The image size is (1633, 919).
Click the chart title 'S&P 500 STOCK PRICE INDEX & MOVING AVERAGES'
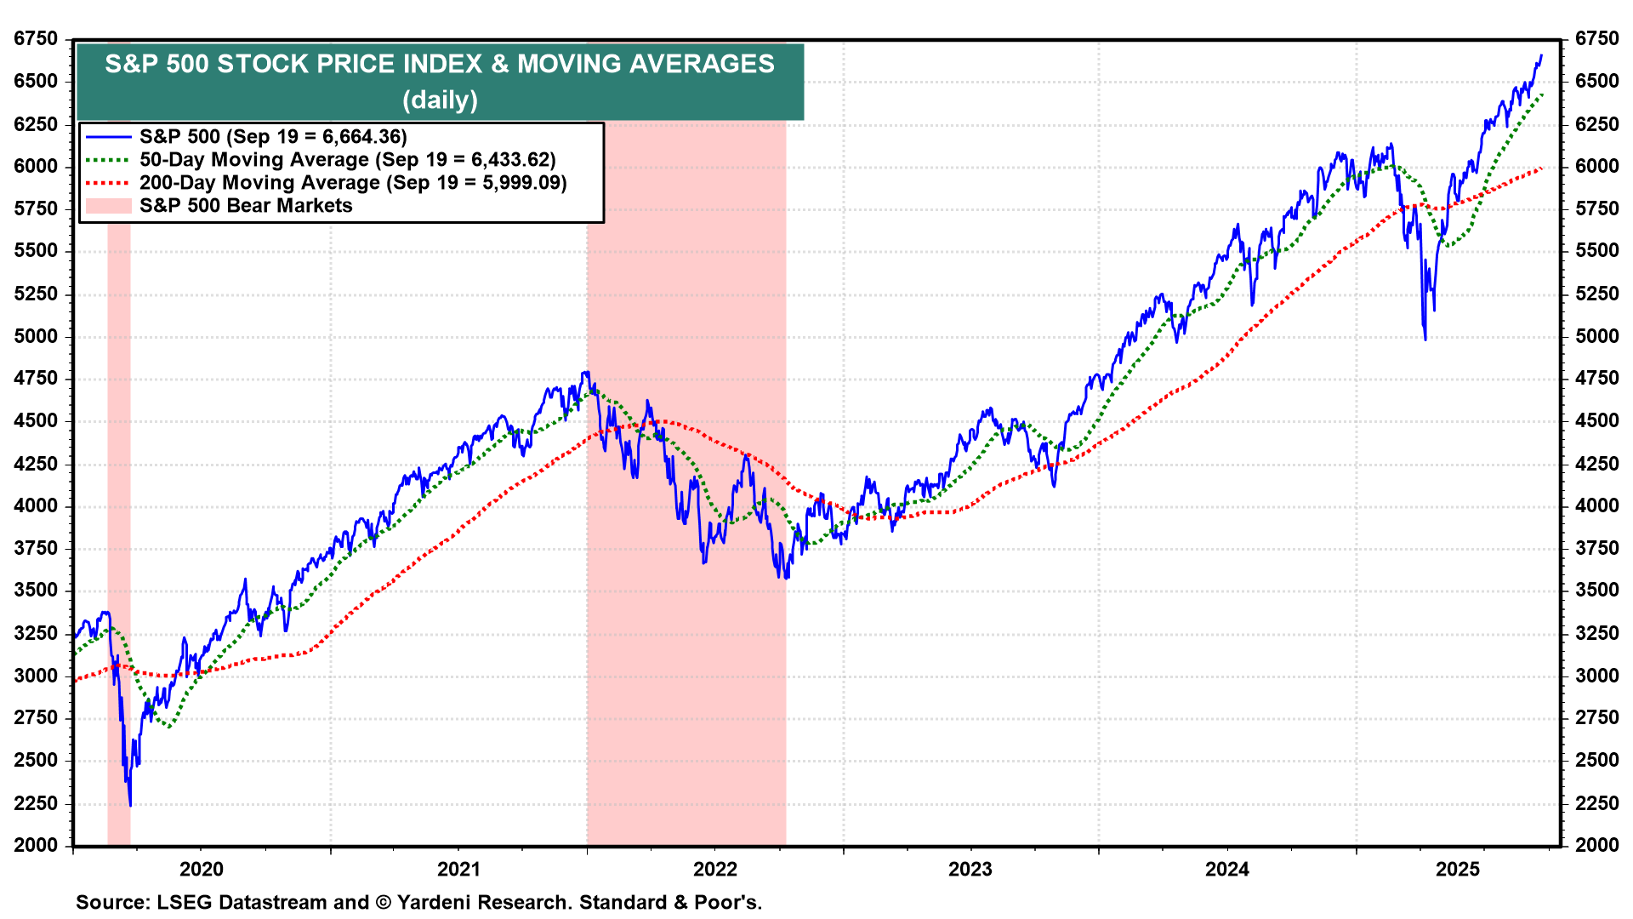click(x=440, y=64)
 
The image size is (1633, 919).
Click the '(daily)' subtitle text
click(x=440, y=100)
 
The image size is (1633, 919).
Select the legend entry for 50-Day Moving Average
click(x=347, y=160)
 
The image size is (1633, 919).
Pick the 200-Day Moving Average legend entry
click(x=352, y=183)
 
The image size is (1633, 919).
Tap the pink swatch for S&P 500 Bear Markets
click(x=108, y=206)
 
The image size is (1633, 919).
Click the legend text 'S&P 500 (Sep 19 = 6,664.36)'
click(x=273, y=137)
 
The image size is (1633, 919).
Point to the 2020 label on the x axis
click(x=202, y=869)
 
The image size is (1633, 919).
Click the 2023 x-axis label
click(x=970, y=869)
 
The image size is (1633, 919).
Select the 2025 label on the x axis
click(x=1458, y=869)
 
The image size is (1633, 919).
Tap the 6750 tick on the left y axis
click(x=36, y=39)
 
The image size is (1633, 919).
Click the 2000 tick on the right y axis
click(x=1596, y=845)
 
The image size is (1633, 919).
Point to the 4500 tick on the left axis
click(x=36, y=421)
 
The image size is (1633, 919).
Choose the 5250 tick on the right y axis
click(x=1596, y=294)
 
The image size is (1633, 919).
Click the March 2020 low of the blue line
click(x=130, y=804)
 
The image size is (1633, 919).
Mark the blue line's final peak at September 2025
click(x=1540, y=56)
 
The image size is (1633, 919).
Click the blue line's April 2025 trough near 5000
click(x=1425, y=339)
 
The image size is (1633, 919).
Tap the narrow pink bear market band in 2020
click(x=119, y=528)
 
